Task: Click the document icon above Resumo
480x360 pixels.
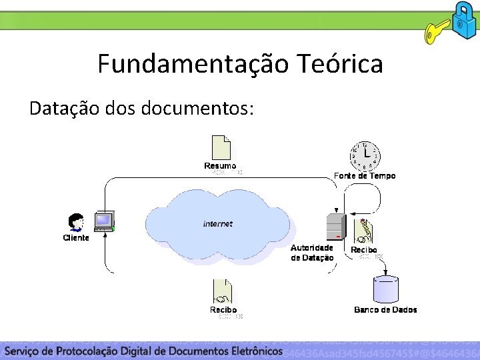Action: pyautogui.click(x=221, y=147)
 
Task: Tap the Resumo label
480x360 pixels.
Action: pyautogui.click(x=220, y=165)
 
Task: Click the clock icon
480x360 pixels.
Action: pyautogui.click(x=364, y=155)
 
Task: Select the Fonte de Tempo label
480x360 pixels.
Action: pyautogui.click(x=365, y=176)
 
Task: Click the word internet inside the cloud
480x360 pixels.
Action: pyautogui.click(x=218, y=224)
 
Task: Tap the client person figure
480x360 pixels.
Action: pyautogui.click(x=77, y=222)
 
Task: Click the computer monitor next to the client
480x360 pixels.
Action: pyautogui.click(x=104, y=221)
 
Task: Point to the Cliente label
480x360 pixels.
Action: pyautogui.click(x=76, y=238)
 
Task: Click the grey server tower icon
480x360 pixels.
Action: pyautogui.click(x=333, y=227)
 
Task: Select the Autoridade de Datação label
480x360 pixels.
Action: pyautogui.click(x=312, y=252)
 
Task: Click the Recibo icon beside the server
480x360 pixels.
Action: pyautogui.click(x=364, y=230)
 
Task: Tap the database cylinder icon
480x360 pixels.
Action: pyautogui.click(x=386, y=288)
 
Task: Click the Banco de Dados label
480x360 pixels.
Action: pyautogui.click(x=385, y=309)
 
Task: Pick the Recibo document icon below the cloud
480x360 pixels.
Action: pyautogui.click(x=223, y=291)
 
